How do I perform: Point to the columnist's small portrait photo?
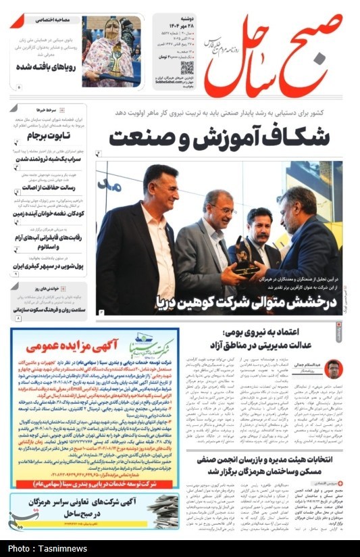[333, 369]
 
